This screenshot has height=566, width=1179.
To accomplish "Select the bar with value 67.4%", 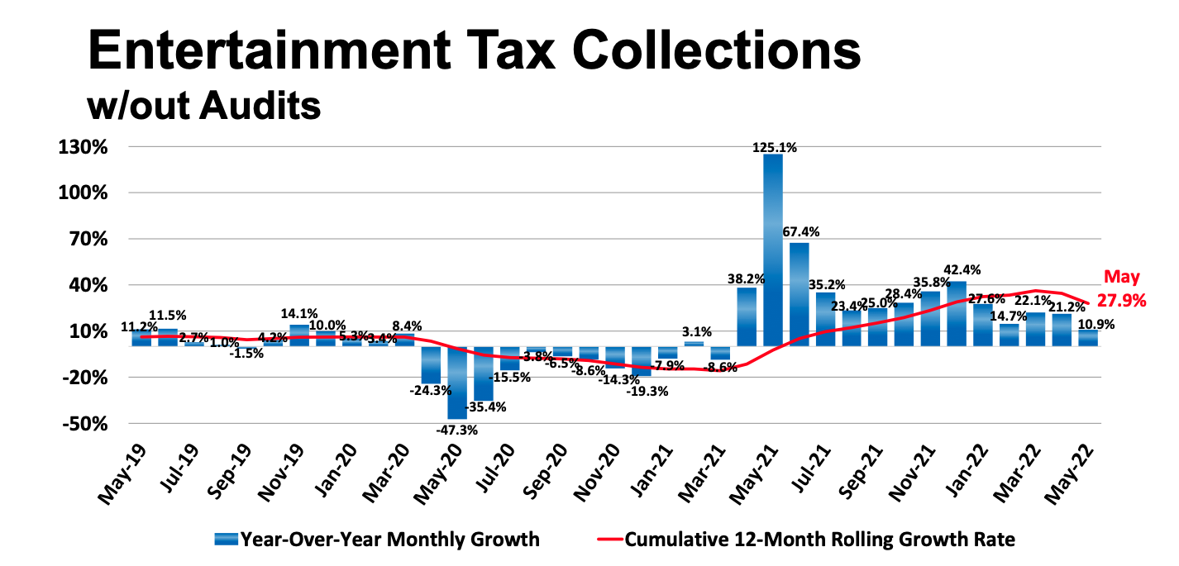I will point(799,294).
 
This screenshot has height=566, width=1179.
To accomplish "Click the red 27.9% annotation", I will point(1122,301).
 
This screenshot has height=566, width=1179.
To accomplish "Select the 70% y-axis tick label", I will point(107,240).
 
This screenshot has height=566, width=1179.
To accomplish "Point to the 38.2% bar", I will point(747,316).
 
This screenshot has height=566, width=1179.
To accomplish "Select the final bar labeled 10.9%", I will point(1087,338).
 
